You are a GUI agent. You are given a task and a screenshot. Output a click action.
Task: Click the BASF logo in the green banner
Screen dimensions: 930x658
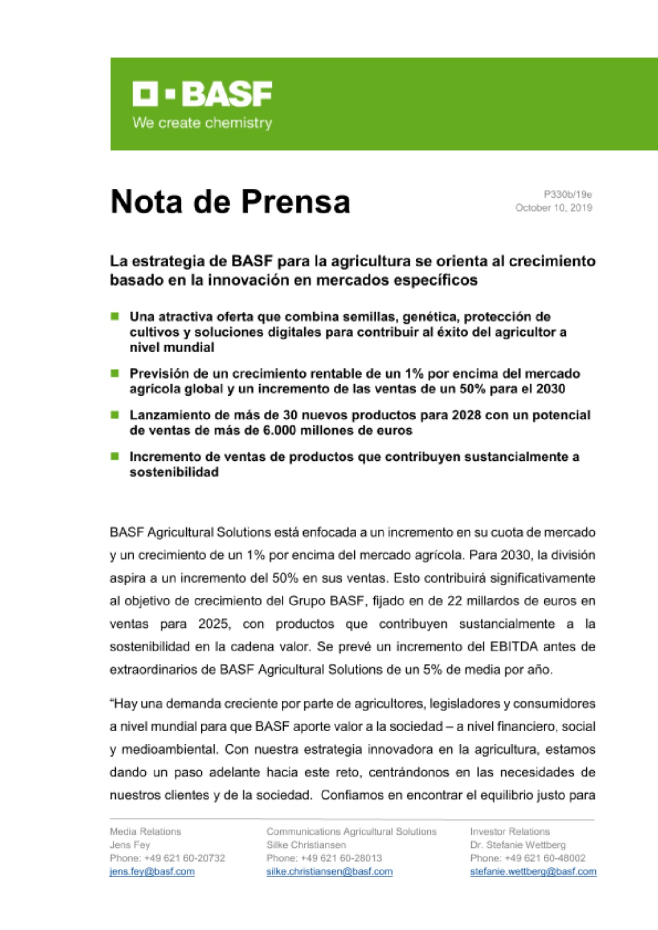[202, 94]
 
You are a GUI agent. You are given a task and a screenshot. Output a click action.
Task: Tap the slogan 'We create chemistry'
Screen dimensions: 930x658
[202, 123]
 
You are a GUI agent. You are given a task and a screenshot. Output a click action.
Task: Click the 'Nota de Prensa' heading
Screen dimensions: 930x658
[230, 201]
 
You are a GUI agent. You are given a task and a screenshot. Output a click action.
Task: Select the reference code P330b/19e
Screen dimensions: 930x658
[568, 194]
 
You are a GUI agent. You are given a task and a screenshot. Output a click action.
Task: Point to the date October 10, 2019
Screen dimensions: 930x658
[553, 207]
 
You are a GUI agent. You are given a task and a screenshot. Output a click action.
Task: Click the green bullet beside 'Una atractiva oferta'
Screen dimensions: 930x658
[114, 317]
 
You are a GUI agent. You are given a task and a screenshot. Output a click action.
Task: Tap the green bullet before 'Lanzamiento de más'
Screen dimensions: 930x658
[114, 415]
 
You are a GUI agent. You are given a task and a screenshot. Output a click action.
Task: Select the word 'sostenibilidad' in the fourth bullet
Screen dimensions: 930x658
[174, 472]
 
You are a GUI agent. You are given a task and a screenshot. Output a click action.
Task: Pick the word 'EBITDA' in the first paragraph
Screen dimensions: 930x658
[514, 646]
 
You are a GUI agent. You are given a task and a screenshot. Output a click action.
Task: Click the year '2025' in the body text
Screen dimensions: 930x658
[214, 624]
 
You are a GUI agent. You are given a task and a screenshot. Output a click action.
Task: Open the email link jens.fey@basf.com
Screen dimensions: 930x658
[152, 871]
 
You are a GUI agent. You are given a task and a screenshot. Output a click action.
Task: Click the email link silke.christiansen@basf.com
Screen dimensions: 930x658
[329, 871]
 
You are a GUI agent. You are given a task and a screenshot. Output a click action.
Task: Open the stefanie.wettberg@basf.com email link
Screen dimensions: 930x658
[533, 871]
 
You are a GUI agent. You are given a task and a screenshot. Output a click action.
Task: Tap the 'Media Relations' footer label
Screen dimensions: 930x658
[145, 831]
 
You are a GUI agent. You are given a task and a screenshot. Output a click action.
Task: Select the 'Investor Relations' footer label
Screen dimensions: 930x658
[510, 831]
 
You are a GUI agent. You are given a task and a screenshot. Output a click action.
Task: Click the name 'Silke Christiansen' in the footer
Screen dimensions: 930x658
[306, 844]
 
